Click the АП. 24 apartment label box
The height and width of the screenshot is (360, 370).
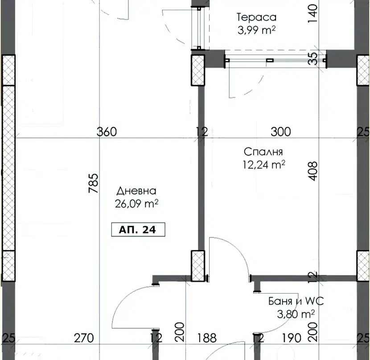[x=138, y=229]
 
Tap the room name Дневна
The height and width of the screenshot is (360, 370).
[x=136, y=191]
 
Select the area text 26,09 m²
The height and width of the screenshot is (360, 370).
[x=136, y=204]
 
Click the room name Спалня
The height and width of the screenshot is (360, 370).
[x=263, y=151]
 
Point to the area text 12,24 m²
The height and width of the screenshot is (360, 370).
[x=264, y=165]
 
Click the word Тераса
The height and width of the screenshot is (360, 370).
[x=256, y=17]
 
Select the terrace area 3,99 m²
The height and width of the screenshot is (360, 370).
[x=256, y=30]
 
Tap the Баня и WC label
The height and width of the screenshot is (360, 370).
[x=296, y=301]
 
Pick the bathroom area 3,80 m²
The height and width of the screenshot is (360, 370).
[x=296, y=314]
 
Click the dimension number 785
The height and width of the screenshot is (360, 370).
[x=94, y=183]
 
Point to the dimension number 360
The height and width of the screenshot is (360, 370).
[x=107, y=131]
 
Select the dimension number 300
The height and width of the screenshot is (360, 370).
[x=281, y=131]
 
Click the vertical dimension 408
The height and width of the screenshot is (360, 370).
[x=313, y=171]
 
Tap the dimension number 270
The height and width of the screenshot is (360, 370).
[x=84, y=338]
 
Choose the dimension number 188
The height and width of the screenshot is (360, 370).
[x=207, y=338]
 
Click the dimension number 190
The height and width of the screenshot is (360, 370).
[x=292, y=338]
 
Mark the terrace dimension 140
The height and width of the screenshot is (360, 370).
[x=313, y=13]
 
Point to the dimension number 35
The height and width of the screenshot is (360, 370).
[x=313, y=58]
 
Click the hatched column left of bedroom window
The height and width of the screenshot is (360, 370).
[x=198, y=70]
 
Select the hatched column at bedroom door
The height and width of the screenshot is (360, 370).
[x=198, y=266]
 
